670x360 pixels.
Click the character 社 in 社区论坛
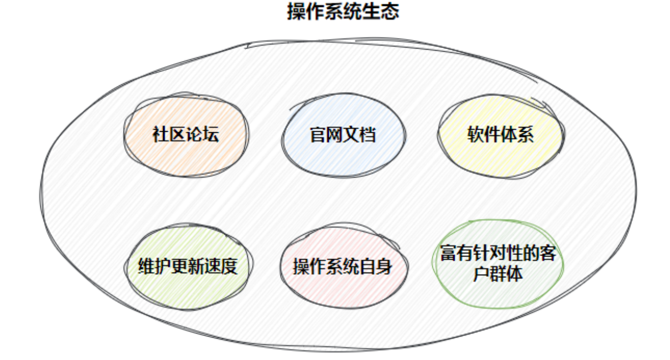pyautogui.click(x=160, y=134)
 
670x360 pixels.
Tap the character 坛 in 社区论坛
pyautogui.click(x=211, y=134)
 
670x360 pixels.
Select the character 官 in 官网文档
pyautogui.click(x=318, y=134)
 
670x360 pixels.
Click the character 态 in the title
pyautogui.click(x=390, y=11)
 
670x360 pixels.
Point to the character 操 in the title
pyautogui.click(x=296, y=11)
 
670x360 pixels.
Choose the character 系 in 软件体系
pyautogui.click(x=526, y=134)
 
